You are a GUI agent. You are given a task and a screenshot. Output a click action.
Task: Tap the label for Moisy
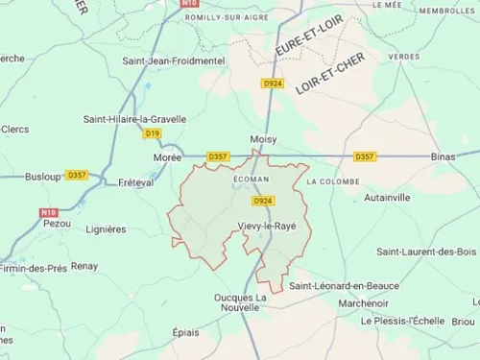click(x=263, y=139)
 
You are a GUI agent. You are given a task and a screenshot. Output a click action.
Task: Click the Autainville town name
click(x=387, y=197)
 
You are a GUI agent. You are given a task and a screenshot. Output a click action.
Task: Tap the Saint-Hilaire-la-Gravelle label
click(x=134, y=119)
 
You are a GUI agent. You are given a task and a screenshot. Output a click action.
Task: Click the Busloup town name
click(x=42, y=177)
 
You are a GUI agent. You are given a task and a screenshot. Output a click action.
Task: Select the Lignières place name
click(x=106, y=229)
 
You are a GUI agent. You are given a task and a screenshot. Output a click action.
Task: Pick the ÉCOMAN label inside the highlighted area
click(x=251, y=179)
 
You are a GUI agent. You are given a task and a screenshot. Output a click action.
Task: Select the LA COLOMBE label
click(x=333, y=181)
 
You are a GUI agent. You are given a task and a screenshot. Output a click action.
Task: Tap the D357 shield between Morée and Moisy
click(x=218, y=156)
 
